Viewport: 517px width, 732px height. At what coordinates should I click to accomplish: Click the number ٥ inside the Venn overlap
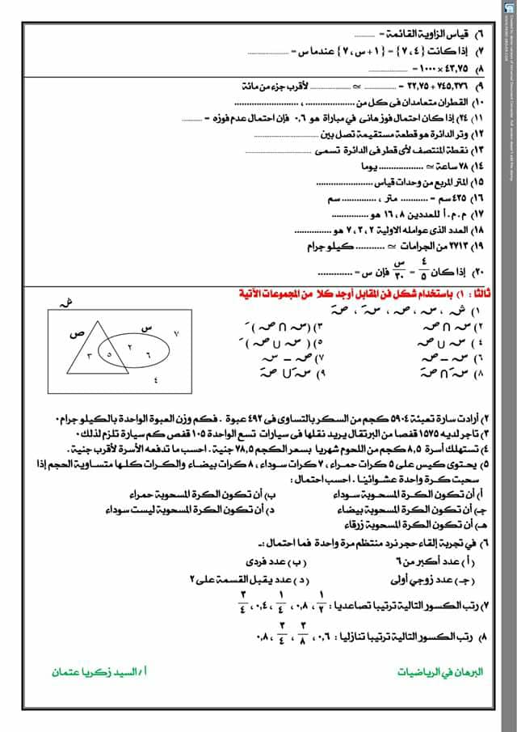(109, 353)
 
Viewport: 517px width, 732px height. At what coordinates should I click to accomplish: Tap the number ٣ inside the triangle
(89, 356)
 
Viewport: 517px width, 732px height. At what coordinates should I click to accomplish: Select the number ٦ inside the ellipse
(148, 354)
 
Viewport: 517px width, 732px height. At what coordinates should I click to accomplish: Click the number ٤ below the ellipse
(155, 382)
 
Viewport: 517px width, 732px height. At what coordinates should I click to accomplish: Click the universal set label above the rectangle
(62, 302)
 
